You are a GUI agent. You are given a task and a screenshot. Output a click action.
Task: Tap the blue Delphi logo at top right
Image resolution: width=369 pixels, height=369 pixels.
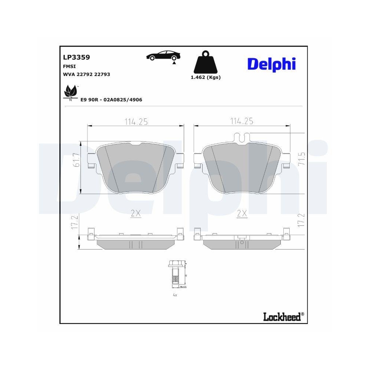pyautogui.click(x=271, y=64)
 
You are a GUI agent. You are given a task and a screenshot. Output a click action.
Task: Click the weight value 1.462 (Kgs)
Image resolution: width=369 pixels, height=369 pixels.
pyautogui.click(x=206, y=77)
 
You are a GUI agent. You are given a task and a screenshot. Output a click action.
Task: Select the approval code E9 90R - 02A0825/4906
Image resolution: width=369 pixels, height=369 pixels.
pyautogui.click(x=111, y=100)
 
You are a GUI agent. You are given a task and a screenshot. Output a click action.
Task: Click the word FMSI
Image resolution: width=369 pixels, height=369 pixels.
pyautogui.click(x=70, y=66)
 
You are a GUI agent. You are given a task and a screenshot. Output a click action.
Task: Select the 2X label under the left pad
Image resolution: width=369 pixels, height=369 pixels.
pyautogui.click(x=136, y=213)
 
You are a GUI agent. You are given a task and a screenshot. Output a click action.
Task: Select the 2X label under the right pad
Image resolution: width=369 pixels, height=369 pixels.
pyautogui.click(x=242, y=213)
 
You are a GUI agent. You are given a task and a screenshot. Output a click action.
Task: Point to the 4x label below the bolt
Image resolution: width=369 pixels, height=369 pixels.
pyautogui.click(x=175, y=295)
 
